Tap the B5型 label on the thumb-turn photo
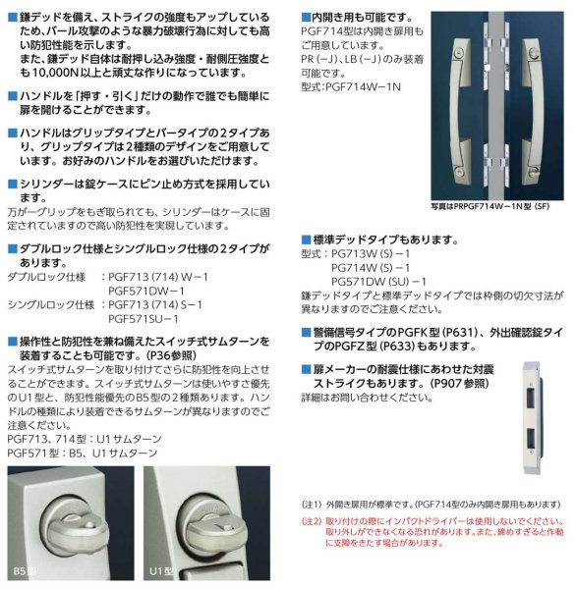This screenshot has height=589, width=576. coord(26,570)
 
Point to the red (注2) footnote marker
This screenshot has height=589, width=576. coord(310,522)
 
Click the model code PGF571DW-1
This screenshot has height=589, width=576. coord(149,291)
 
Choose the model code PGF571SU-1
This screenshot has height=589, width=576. coord(149,318)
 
